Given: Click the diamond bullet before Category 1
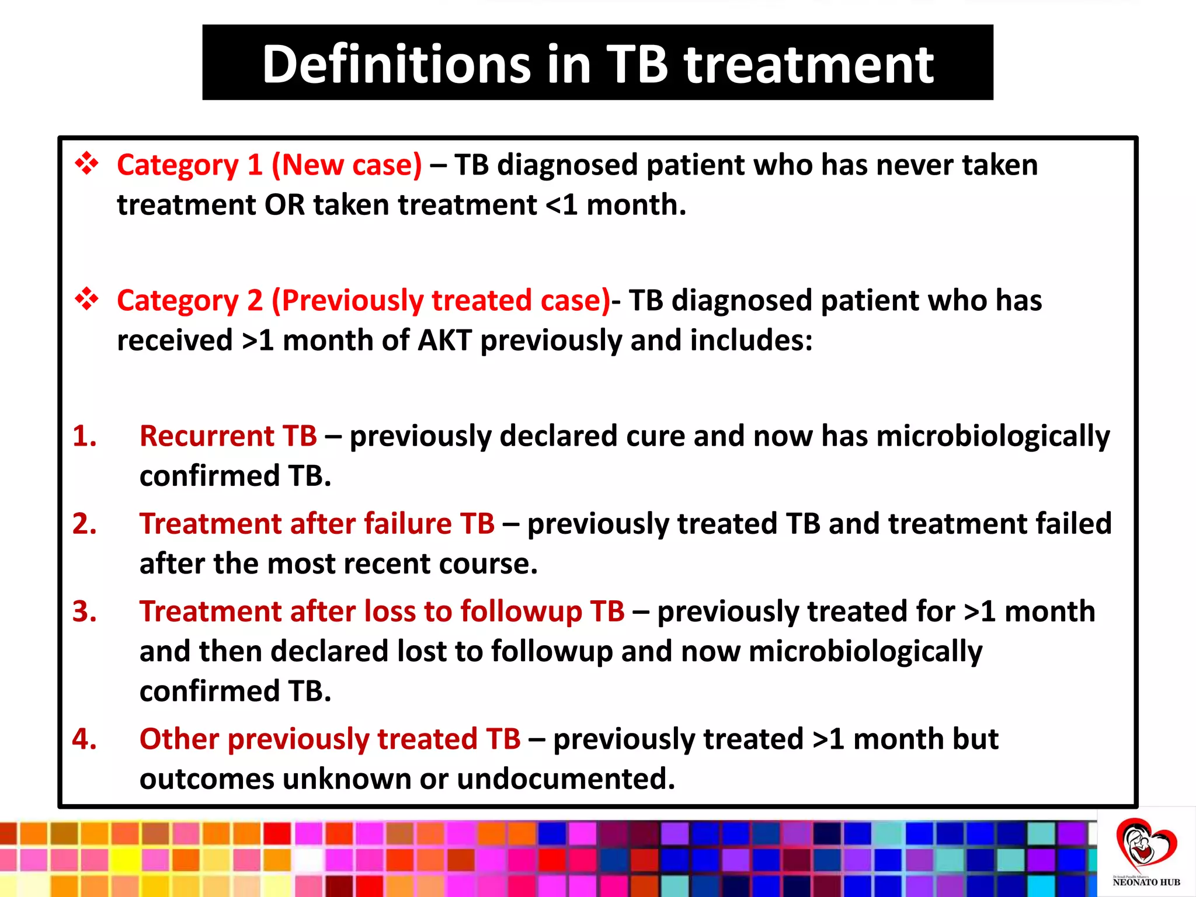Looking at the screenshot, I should click(87, 164).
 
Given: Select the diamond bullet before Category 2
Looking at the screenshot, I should click(87, 299).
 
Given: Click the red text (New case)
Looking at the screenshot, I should click(346, 165).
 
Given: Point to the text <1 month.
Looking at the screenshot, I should click(616, 205).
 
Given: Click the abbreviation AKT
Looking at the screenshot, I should click(444, 340).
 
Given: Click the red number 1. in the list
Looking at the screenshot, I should click(85, 436).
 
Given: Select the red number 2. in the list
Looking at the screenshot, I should click(85, 523).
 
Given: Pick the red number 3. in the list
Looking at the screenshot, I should click(85, 611).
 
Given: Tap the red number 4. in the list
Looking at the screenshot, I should click(85, 739).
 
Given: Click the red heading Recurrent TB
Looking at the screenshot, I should click(228, 436).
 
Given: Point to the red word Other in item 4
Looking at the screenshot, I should click(179, 739).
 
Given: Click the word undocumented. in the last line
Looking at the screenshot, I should click(566, 779).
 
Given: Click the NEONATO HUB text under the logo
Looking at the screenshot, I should click(1146, 882).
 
